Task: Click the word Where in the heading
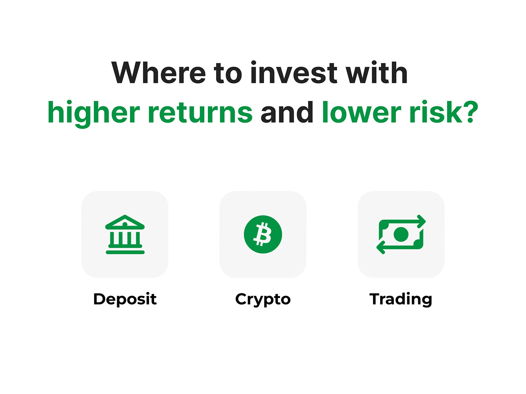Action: tap(159, 72)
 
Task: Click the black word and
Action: tap(287, 112)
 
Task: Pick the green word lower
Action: tap(361, 112)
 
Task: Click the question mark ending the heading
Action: tap(470, 112)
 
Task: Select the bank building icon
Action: tap(125, 235)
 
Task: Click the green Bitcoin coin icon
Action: tap(263, 235)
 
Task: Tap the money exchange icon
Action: tap(401, 235)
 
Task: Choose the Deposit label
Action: tap(125, 299)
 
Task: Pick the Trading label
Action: tap(401, 299)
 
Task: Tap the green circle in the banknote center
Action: tap(401, 235)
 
